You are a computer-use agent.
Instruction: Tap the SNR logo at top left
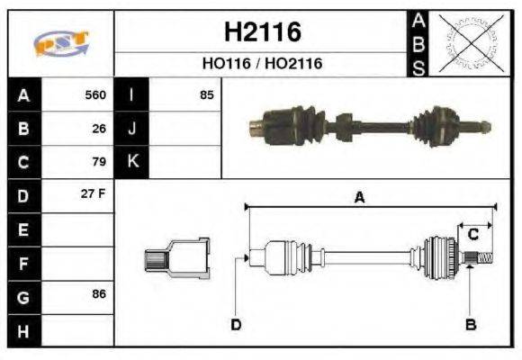(x=60, y=42)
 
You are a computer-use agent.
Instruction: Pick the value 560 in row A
(x=94, y=94)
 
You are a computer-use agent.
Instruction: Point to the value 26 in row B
(x=99, y=128)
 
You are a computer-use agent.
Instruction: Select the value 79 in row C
(x=99, y=162)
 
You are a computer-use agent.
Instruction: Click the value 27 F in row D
(x=94, y=195)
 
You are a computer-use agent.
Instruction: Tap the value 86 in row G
(x=99, y=295)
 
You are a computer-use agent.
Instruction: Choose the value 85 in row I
(x=206, y=94)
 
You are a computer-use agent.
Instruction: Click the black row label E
(x=22, y=229)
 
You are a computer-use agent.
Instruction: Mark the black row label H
(x=22, y=330)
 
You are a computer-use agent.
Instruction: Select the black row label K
(x=131, y=162)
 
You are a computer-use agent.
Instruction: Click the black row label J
(x=131, y=128)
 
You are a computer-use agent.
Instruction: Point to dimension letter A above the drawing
(x=359, y=198)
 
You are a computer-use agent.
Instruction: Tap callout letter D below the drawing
(x=235, y=325)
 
